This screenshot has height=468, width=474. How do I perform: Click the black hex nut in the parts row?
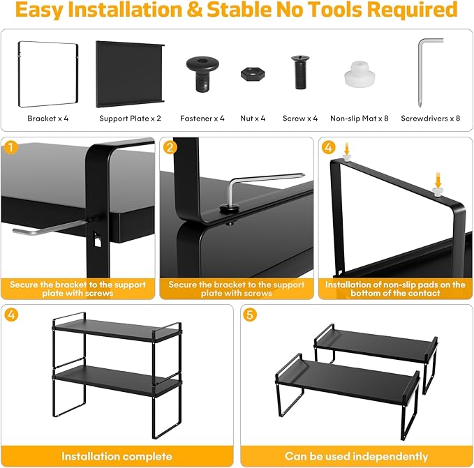pyautogui.click(x=253, y=74)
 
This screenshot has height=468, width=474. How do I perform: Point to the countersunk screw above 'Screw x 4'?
pyautogui.click(x=300, y=72)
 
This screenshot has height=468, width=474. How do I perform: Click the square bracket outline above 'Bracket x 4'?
pyautogui.click(x=19, y=74)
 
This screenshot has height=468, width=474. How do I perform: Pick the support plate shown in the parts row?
pyautogui.click(x=130, y=74)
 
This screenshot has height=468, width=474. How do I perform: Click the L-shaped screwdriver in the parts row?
pyautogui.click(x=420, y=73)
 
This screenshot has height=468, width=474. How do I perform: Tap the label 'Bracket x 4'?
pyautogui.click(x=47, y=119)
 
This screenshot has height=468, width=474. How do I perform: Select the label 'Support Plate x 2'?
pyautogui.click(x=131, y=119)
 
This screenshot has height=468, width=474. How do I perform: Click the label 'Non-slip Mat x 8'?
pyautogui.click(x=359, y=119)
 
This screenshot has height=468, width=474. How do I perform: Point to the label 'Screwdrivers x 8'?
pyautogui.click(x=431, y=119)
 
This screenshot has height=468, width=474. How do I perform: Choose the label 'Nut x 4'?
pyautogui.click(x=253, y=119)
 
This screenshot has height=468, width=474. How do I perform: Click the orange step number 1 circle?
pyautogui.click(x=11, y=148)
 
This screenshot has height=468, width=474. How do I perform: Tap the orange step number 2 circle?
pyautogui.click(x=170, y=147)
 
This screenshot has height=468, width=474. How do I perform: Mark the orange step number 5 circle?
pyautogui.click(x=250, y=315)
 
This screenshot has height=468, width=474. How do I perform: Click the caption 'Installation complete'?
pyautogui.click(x=117, y=456)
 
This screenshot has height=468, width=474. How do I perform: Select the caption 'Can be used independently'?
pyautogui.click(x=357, y=456)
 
